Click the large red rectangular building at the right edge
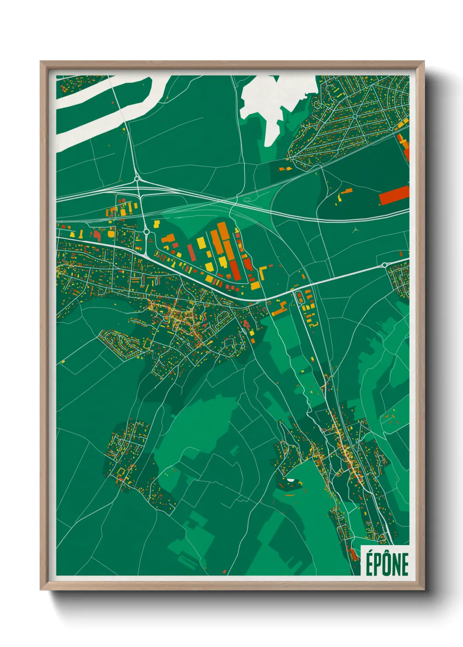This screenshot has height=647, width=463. coord(393,195)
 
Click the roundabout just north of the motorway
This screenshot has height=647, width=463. coord(137,178)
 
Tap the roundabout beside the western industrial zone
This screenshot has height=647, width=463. coord(146,231)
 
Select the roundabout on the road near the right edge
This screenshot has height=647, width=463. coord(385,264)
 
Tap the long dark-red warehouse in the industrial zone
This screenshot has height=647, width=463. coord(235,271)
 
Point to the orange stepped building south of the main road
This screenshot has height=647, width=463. coord(279,310)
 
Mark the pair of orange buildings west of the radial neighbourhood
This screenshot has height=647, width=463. coord(285,168)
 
